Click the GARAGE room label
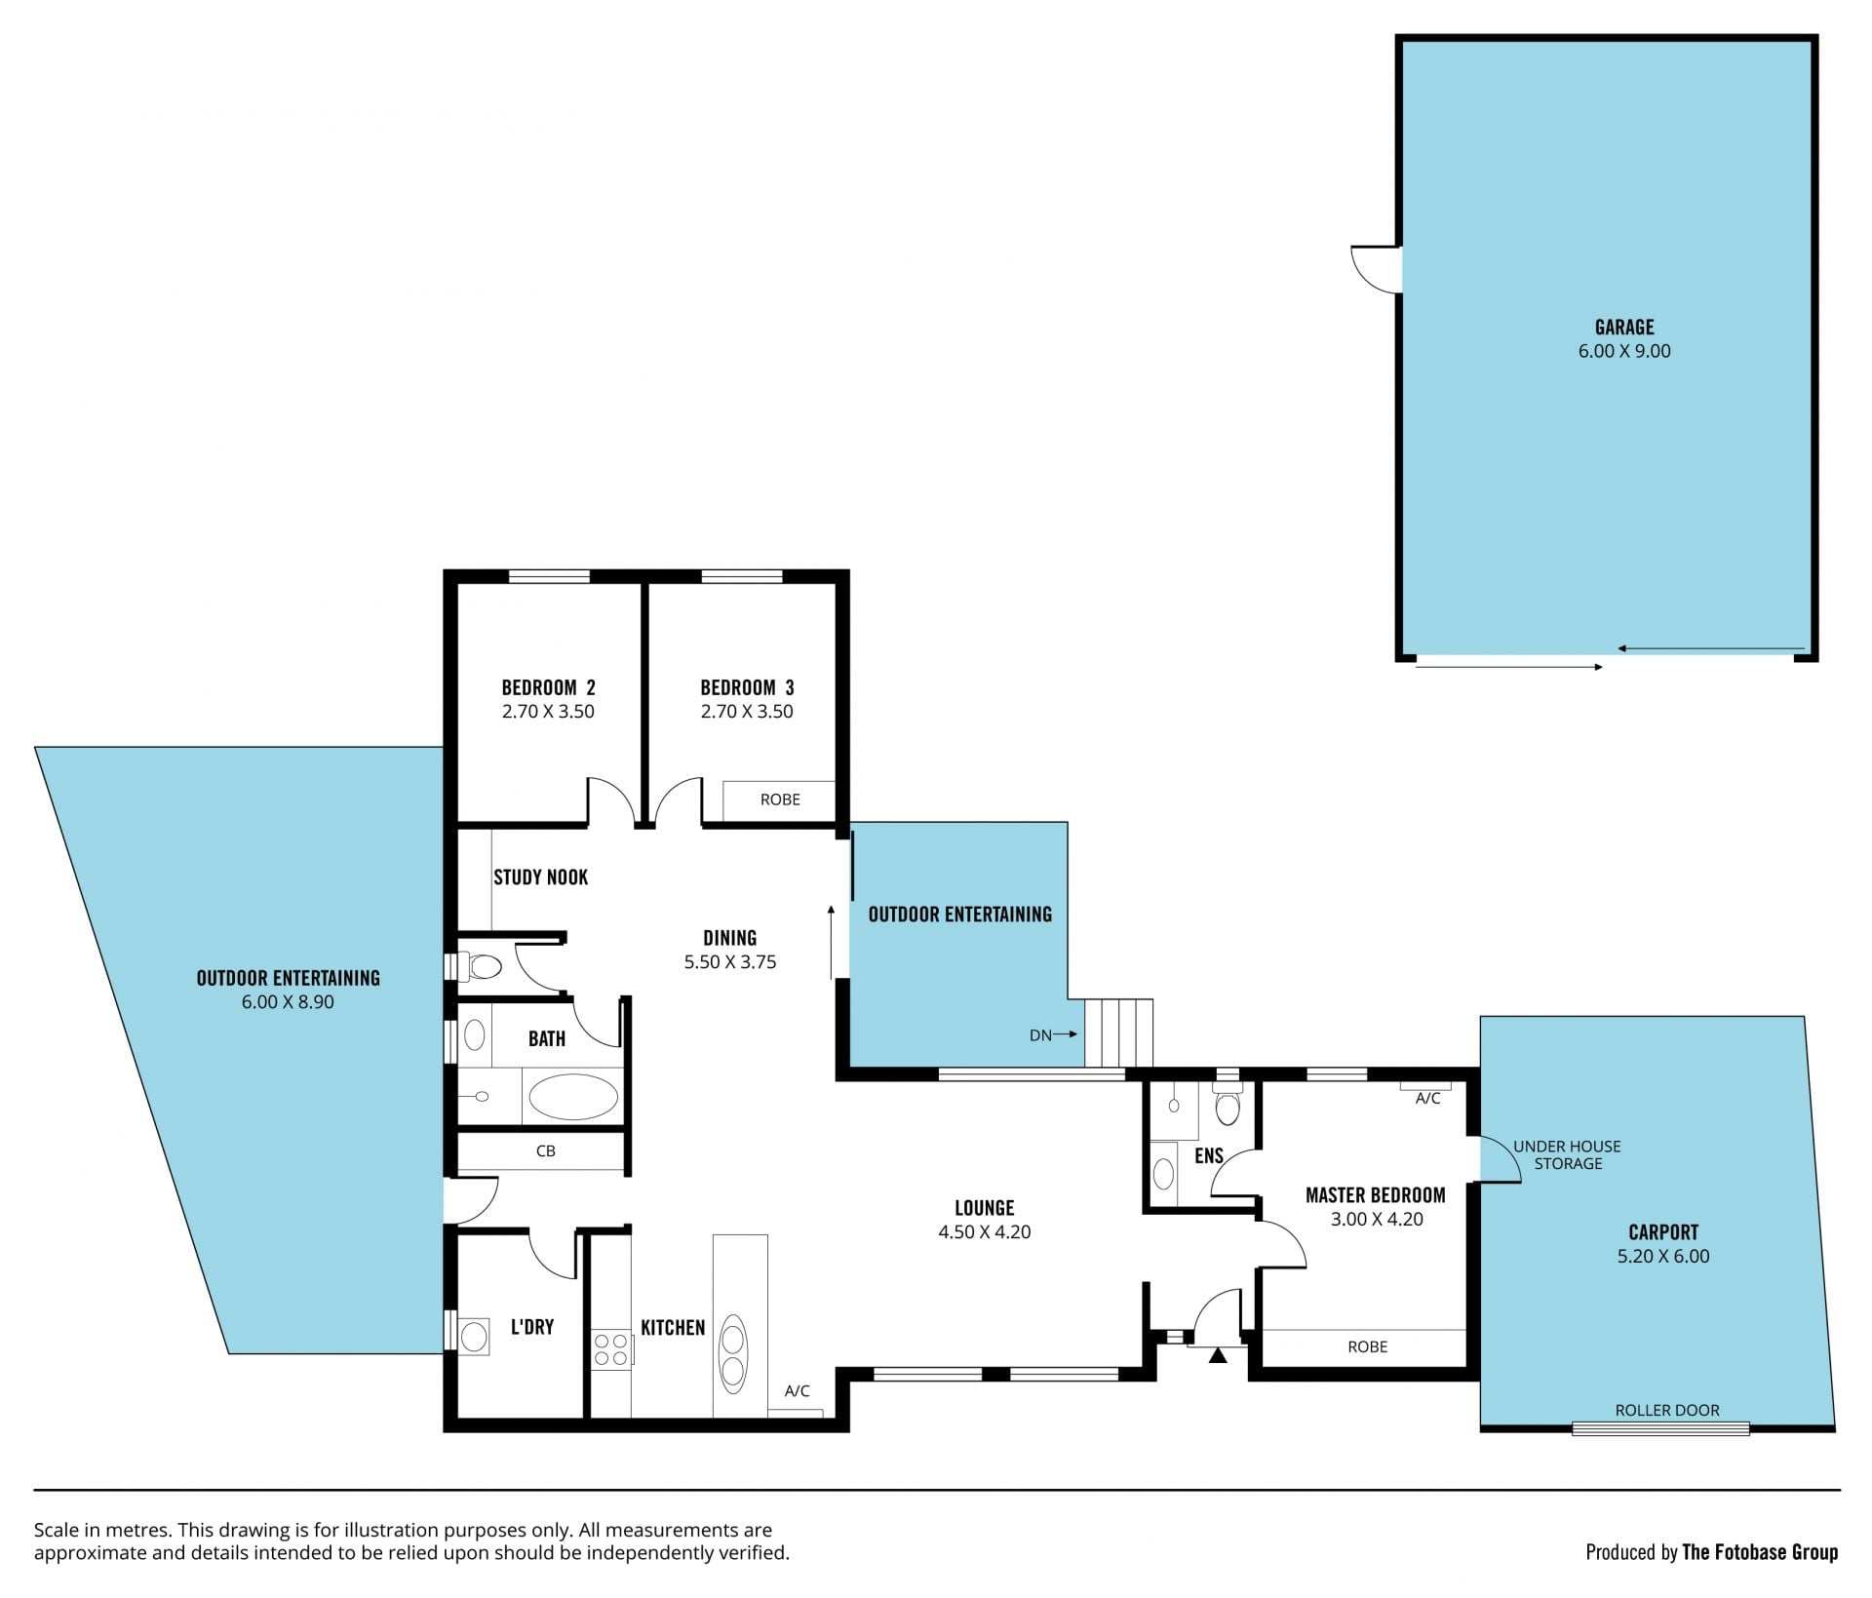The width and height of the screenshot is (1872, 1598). [x=1624, y=327]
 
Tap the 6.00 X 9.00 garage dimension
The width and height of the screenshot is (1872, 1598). [x=1624, y=351]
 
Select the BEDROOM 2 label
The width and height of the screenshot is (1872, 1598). [x=548, y=687]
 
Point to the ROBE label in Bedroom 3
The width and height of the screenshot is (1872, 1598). [x=780, y=799]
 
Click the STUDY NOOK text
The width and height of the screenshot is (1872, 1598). [x=540, y=877]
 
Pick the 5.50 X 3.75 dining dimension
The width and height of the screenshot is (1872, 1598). [x=730, y=961]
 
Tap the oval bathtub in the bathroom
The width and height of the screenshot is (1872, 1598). [x=572, y=1097]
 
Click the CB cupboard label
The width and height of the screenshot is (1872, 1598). [x=545, y=1150]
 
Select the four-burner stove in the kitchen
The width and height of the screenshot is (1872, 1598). [x=611, y=1349]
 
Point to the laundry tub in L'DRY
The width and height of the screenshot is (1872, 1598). [x=474, y=1336]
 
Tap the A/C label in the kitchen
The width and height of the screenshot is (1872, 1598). [x=797, y=1391]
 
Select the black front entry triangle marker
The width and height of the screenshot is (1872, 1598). [x=1218, y=1355]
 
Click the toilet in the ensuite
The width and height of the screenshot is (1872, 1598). [x=1228, y=1106]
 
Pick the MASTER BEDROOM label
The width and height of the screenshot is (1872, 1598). [x=1375, y=1195]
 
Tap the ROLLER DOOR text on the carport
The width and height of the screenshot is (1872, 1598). [x=1667, y=1410]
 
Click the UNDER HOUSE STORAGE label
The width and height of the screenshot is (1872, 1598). [x=1567, y=1154]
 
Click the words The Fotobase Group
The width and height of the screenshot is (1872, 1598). [x=1760, y=1552]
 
